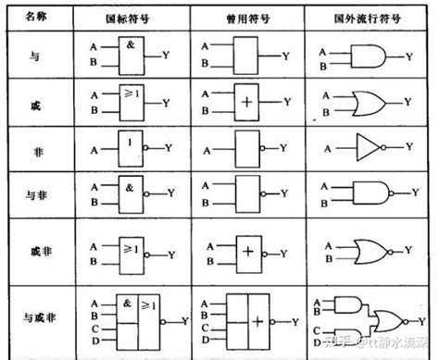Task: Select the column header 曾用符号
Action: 245,18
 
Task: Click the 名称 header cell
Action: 33,18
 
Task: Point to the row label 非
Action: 33,148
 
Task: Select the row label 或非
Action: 33,250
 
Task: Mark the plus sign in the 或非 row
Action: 246,250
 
